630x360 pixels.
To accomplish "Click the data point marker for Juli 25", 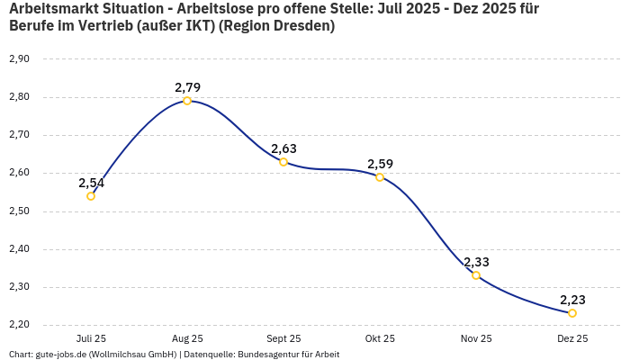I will coord(91,196).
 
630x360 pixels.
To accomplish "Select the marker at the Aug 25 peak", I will coord(187,101).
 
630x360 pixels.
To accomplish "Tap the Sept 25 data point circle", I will coord(283,162).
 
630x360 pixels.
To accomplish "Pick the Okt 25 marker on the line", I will coord(380,177).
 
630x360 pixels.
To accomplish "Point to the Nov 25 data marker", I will coord(476,275).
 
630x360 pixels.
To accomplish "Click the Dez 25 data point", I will coord(572,313).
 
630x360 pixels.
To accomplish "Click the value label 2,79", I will coord(187,87).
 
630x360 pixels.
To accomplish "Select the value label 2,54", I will coord(91,183).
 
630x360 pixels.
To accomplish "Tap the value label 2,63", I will coord(283,148).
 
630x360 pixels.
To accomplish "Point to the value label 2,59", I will coord(380,164).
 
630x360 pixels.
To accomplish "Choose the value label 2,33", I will coord(476,262).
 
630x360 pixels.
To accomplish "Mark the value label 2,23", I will coord(572,300).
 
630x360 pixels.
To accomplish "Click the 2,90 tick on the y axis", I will coord(19,59).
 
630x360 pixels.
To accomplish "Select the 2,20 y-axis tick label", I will coord(19,325).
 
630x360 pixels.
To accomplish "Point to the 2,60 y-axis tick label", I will coord(19,173).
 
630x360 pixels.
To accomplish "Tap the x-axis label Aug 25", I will coord(187,339).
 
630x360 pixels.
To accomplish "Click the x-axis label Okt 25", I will coord(380,339).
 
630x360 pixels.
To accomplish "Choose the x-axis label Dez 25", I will coord(572,339).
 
